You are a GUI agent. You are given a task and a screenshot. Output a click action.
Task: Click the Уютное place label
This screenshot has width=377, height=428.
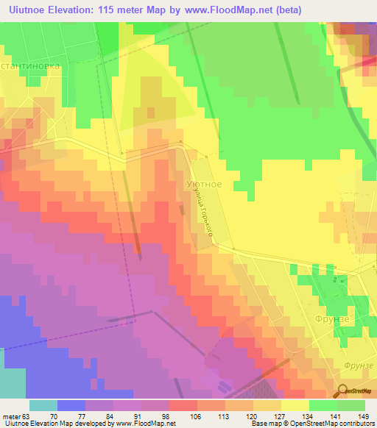tap(206, 184)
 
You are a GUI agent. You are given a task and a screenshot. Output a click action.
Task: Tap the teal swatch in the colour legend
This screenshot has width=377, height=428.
tap(43, 405)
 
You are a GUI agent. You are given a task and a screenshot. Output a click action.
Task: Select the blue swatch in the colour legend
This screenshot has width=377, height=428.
tap(71, 405)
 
